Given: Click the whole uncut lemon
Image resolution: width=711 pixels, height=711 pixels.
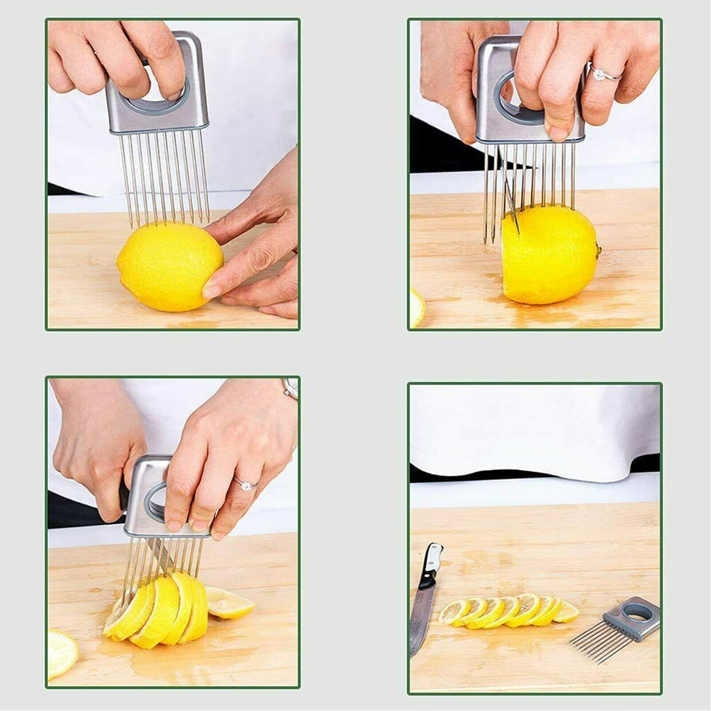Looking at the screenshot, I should pos(169,267).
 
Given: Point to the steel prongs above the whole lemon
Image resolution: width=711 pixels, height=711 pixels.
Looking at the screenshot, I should pos(165,177).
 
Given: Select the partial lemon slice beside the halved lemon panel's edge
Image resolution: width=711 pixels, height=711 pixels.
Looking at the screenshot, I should pos(416,308).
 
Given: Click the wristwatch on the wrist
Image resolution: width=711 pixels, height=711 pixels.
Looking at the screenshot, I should pos(290,388).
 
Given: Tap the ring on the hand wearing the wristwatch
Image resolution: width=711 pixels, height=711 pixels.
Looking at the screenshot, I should pos(246,485).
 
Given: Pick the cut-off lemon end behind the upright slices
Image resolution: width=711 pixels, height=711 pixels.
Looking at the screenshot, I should pos(229,603).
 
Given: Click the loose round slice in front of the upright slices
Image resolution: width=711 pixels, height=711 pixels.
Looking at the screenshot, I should pos(61,653).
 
